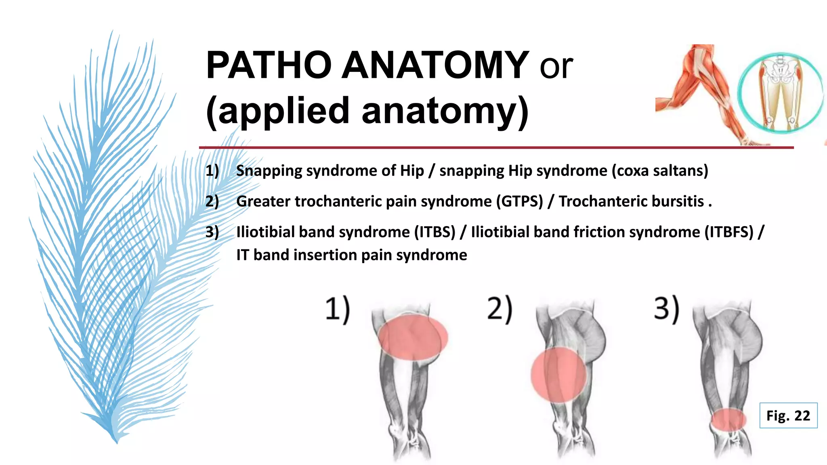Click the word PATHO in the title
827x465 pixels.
pyautogui.click(x=268, y=65)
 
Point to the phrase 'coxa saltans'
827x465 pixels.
pyautogui.click(x=660, y=171)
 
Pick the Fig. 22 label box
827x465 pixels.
pyautogui.click(x=788, y=415)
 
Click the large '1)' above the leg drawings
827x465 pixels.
pyautogui.click(x=338, y=309)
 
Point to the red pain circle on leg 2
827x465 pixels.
pyautogui.click(x=558, y=375)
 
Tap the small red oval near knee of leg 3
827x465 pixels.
pyautogui.click(x=728, y=419)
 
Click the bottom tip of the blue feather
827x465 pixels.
pyautogui.click(x=117, y=442)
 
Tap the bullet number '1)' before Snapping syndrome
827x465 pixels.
pyautogui.click(x=212, y=171)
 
